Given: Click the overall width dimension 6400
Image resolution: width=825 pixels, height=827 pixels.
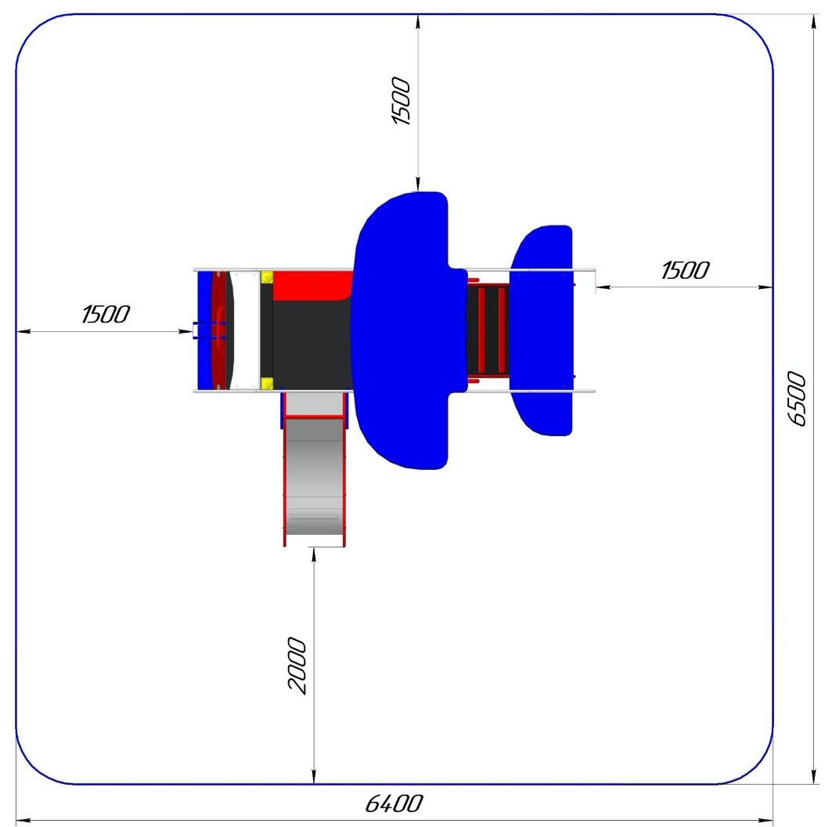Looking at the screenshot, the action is (x=394, y=804).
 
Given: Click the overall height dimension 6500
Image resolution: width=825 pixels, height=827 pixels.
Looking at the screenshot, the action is (x=797, y=398).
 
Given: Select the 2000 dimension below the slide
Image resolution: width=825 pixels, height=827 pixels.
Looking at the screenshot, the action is (x=297, y=665).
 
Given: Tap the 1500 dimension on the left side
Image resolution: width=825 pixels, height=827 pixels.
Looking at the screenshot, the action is (x=106, y=314).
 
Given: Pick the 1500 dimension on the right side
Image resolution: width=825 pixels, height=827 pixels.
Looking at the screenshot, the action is (x=685, y=270).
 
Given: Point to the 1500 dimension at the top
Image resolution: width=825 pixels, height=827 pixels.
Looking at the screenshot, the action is (x=402, y=101).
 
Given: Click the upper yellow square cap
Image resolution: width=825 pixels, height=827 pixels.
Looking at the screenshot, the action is (x=267, y=277).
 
